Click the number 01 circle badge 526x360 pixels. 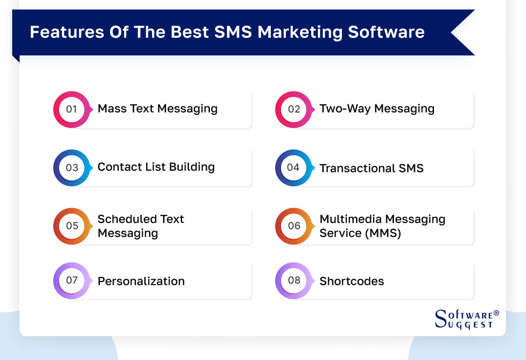click(72, 109)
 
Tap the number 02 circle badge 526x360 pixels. click(294, 109)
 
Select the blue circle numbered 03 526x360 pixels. click(72, 168)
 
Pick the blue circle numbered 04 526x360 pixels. click(294, 168)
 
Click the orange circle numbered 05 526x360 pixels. click(72, 226)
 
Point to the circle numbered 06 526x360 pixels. click(294, 226)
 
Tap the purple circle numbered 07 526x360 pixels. click(72, 281)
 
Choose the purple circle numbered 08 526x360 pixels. click(294, 281)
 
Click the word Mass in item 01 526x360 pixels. click(112, 109)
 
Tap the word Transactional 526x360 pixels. click(357, 169)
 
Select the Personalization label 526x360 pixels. click(141, 281)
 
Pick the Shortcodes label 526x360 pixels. click(352, 281)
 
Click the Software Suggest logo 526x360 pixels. click(466, 319)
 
